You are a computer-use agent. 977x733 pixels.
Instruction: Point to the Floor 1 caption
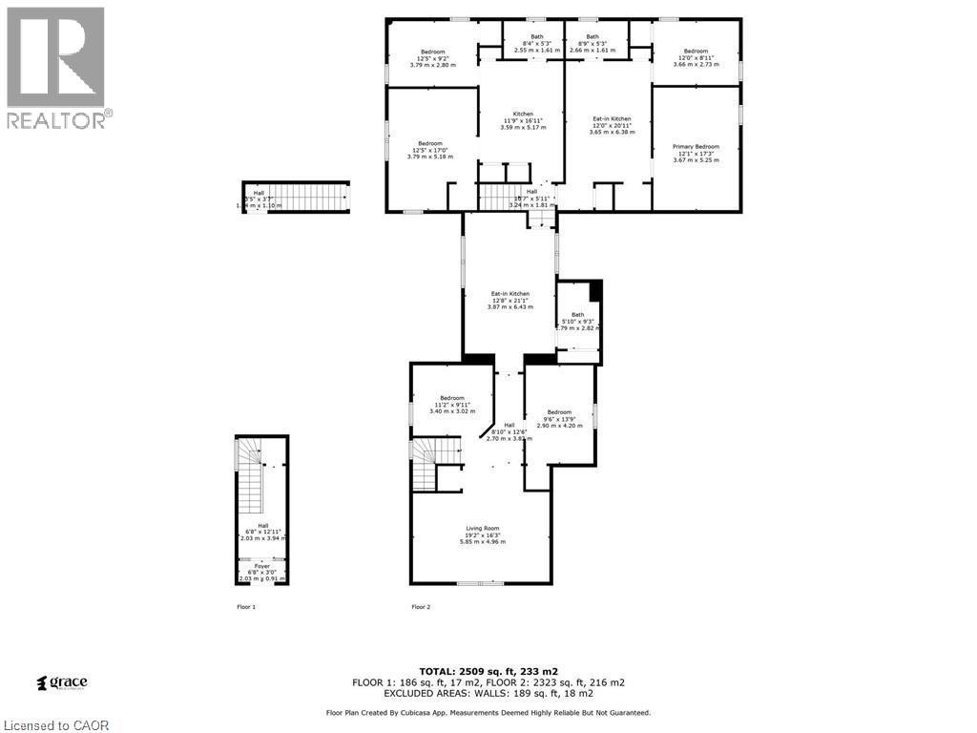246,607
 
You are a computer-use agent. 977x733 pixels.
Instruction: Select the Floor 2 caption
421,607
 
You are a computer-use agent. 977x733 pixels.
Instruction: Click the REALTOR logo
56,67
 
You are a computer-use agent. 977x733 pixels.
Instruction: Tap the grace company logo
62,682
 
